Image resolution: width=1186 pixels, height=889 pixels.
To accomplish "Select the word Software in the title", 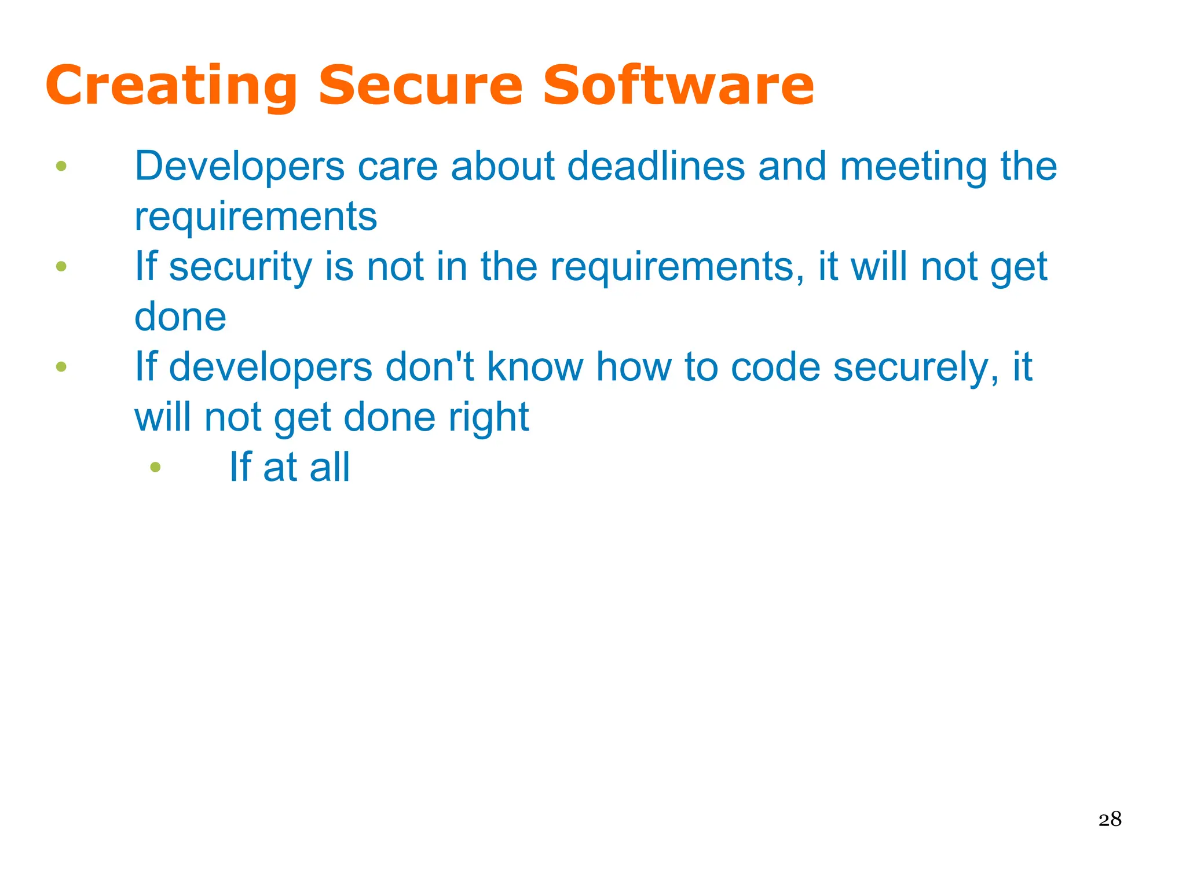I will [x=678, y=86].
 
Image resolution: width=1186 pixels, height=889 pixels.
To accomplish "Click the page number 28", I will [x=1110, y=820].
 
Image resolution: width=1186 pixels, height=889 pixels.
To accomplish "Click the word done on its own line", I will [x=180, y=317].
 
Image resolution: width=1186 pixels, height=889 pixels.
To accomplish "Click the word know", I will [x=535, y=367].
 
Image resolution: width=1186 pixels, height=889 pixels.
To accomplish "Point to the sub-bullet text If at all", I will [x=290, y=467].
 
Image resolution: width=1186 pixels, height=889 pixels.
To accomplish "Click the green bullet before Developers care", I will [x=61, y=167].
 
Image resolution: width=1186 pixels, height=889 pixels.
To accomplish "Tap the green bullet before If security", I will [x=61, y=266].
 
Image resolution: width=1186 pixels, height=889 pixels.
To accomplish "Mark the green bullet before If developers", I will [x=61, y=366].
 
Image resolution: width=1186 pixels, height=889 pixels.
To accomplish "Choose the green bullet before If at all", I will [x=155, y=466].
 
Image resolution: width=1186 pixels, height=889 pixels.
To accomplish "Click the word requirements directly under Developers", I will [x=255, y=217].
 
